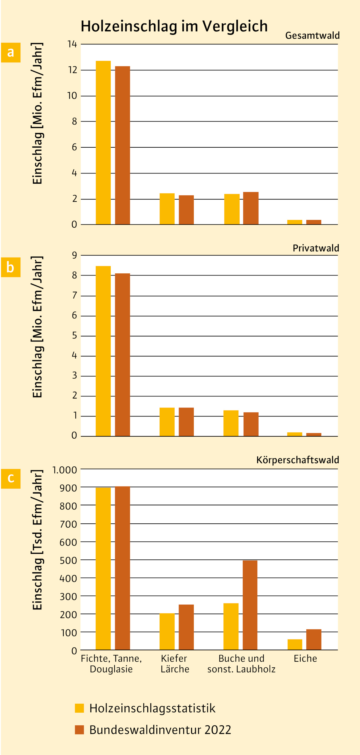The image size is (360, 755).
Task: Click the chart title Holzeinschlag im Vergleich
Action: click(174, 26)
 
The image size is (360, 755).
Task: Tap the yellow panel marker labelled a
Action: click(11, 53)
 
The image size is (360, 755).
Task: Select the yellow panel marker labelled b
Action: click(11, 267)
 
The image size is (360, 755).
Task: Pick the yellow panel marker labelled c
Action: click(11, 479)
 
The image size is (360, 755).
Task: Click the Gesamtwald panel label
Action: click(312, 36)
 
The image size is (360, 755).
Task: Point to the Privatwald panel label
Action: click(316, 248)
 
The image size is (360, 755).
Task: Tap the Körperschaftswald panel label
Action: click(298, 460)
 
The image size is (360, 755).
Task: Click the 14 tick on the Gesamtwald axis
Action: click(72, 44)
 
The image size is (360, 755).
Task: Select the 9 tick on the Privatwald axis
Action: click(74, 255)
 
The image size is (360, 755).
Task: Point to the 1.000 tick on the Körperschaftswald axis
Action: click(64, 470)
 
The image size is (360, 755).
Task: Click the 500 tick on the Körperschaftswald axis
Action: click(68, 561)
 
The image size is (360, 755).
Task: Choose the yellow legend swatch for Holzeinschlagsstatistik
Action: click(79, 708)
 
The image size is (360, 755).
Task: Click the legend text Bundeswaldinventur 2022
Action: click(160, 730)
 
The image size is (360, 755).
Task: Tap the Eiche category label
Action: click(305, 659)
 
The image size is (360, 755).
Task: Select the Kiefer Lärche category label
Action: click(175, 664)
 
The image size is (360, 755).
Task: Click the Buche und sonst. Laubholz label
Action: click(241, 664)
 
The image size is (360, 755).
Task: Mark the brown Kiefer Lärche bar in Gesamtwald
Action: click(186, 210)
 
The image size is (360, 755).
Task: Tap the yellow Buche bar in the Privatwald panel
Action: click(231, 423)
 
